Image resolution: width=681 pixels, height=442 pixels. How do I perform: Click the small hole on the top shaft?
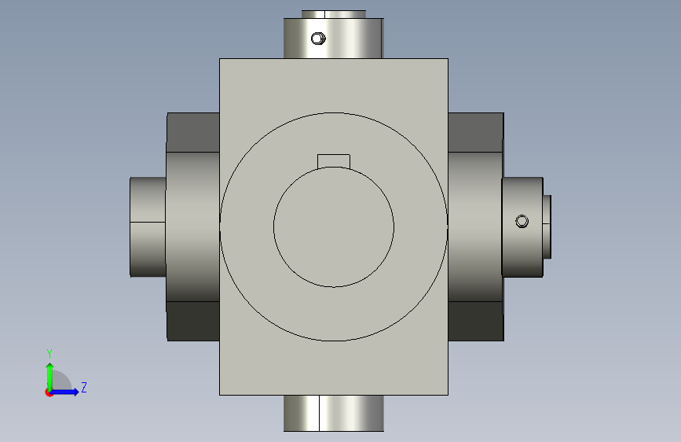pos(318,39)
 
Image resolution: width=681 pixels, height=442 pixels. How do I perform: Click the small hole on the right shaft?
pos(522,222)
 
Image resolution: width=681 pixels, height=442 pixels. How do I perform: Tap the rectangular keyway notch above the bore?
pos(334,161)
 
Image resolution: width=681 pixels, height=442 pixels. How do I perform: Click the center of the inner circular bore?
pos(334,227)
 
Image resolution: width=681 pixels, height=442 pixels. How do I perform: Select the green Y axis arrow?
pos(50,377)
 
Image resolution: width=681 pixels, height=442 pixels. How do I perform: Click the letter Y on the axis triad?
pos(49,354)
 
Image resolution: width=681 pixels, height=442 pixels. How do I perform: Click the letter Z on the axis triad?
pos(84,387)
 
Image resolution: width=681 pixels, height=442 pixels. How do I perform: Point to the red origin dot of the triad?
pos(49,392)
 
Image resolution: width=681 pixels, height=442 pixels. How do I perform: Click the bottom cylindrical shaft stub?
pos(334,413)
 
